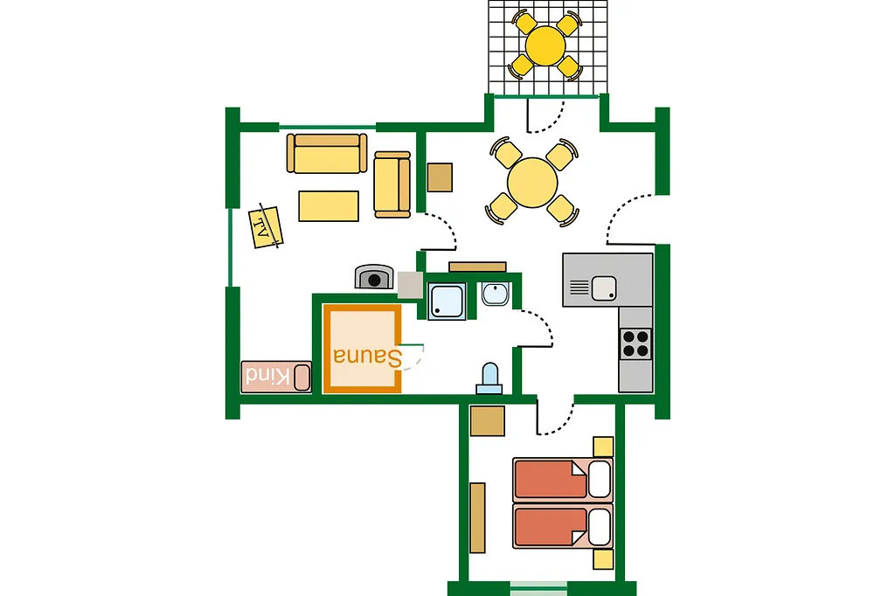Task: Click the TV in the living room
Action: tap(266, 227)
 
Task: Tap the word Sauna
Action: tap(368, 357)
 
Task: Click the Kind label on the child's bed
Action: tap(267, 376)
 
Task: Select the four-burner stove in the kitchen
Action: tap(635, 343)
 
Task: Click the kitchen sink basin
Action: tap(603, 288)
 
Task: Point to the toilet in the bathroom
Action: tap(489, 379)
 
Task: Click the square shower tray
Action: tap(447, 301)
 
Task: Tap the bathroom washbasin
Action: tap(495, 294)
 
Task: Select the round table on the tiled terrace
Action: tap(545, 45)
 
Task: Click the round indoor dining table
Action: tap(532, 183)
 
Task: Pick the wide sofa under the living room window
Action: tap(327, 153)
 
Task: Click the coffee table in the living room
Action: tap(329, 206)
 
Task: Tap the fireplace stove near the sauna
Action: tap(374, 277)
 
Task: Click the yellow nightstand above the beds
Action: tap(603, 447)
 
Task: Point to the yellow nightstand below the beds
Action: tap(603, 559)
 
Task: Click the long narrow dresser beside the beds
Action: tap(478, 518)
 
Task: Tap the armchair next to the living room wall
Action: tap(392, 184)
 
